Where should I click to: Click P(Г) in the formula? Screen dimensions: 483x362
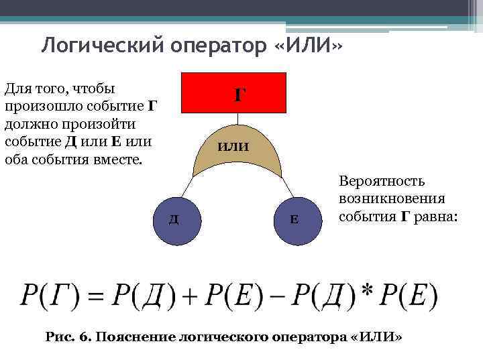[x=50, y=294]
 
